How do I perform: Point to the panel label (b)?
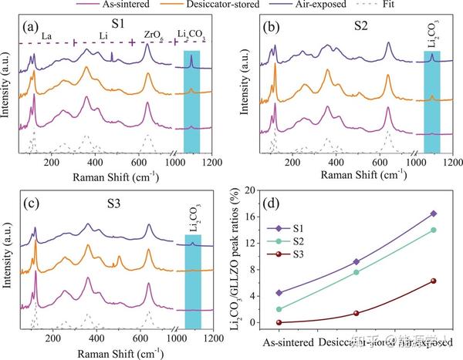tap(272, 29)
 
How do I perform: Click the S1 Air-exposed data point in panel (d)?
tap(434, 214)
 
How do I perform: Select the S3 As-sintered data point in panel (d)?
tap(278, 322)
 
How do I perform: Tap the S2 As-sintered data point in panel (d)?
tap(278, 309)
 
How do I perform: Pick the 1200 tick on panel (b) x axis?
tap(452, 163)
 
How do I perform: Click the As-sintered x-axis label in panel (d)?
tap(289, 341)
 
